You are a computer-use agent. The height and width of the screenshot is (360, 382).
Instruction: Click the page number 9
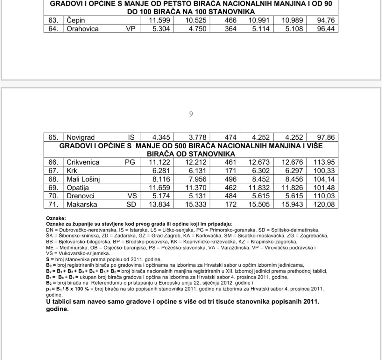(x=191, y=115)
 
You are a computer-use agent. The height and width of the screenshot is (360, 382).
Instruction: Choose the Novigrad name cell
(x=81, y=137)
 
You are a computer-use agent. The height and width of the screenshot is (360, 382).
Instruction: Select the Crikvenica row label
(x=83, y=162)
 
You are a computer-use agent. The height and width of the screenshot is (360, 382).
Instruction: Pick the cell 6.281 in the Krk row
(x=160, y=171)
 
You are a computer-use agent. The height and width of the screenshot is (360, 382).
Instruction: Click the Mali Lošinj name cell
(x=84, y=179)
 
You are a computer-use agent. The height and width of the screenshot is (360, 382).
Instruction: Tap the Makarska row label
(x=82, y=204)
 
